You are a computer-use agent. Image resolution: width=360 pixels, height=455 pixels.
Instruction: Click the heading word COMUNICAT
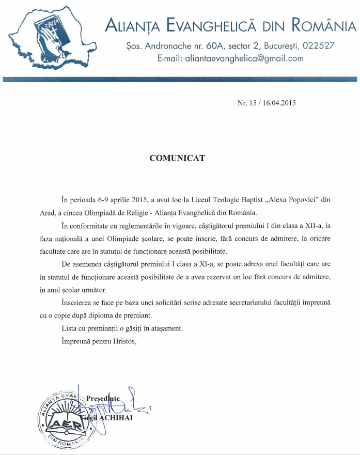coord(177,158)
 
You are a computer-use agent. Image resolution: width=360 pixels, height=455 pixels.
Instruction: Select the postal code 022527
coord(319,45)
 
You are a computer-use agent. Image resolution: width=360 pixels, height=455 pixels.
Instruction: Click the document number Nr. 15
coord(245,103)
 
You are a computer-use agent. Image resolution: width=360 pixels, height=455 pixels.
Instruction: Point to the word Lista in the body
coord(70,328)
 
